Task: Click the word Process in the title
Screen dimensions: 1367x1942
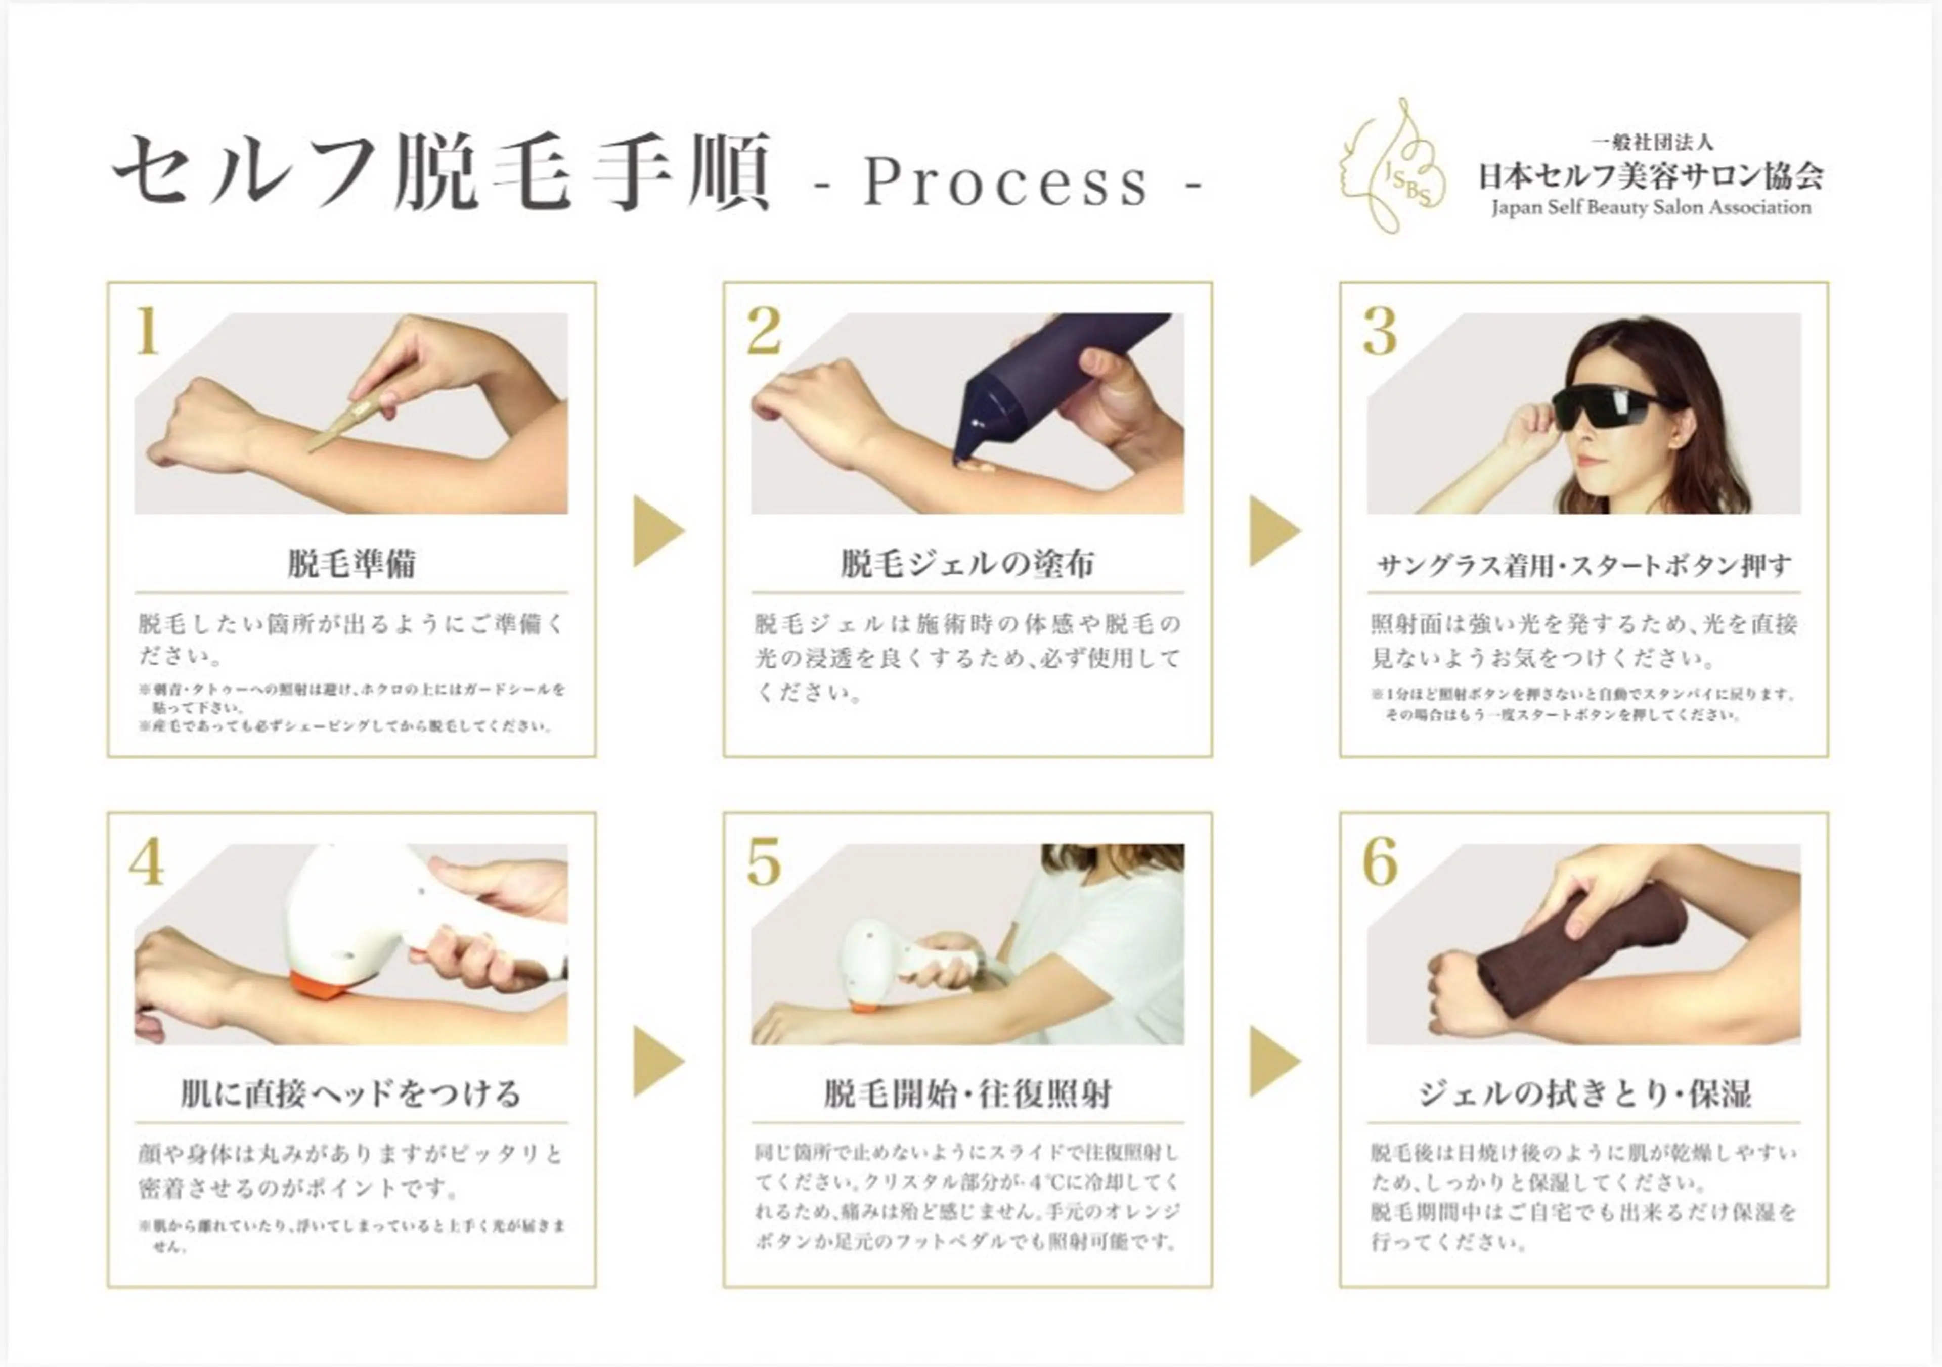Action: click(x=1006, y=182)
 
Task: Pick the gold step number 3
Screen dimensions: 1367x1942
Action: click(x=1380, y=332)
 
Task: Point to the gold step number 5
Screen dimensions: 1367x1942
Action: click(x=764, y=862)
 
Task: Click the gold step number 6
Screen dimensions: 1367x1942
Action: click(x=1380, y=862)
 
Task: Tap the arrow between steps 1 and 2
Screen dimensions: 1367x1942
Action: click(x=657, y=531)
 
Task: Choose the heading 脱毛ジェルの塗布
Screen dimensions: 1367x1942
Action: click(x=967, y=564)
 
